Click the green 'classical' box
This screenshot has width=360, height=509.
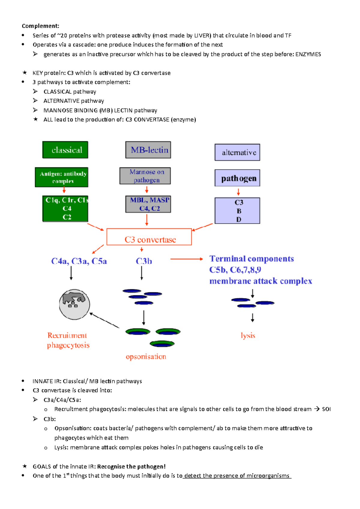[x=65, y=150]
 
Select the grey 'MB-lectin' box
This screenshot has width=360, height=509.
[x=148, y=150]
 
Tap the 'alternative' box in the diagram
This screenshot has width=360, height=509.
[x=237, y=152]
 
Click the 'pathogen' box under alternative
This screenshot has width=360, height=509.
[x=237, y=178]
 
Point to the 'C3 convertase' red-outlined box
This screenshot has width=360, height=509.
[x=149, y=237]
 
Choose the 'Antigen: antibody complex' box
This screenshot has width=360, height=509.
[x=61, y=177]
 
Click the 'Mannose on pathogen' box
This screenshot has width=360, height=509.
[x=145, y=176]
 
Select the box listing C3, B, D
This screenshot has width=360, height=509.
[x=237, y=211]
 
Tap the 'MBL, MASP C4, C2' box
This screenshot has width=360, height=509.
[x=148, y=204]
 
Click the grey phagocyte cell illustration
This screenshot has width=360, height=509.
[x=74, y=304]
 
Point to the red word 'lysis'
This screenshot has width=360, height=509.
[x=248, y=335]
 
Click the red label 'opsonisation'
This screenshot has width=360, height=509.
[x=146, y=357]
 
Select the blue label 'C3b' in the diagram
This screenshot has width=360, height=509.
[x=144, y=261]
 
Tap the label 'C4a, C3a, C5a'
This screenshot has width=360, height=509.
[x=79, y=261]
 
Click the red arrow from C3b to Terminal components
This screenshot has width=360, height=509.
[x=186, y=259]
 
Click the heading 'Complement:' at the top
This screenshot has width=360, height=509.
[x=40, y=26]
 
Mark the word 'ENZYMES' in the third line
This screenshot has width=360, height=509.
[x=308, y=54]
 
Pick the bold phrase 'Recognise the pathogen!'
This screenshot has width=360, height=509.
[x=131, y=466]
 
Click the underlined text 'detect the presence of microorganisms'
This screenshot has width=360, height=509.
[x=237, y=476]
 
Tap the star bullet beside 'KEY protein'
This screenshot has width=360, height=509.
[x=25, y=73]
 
